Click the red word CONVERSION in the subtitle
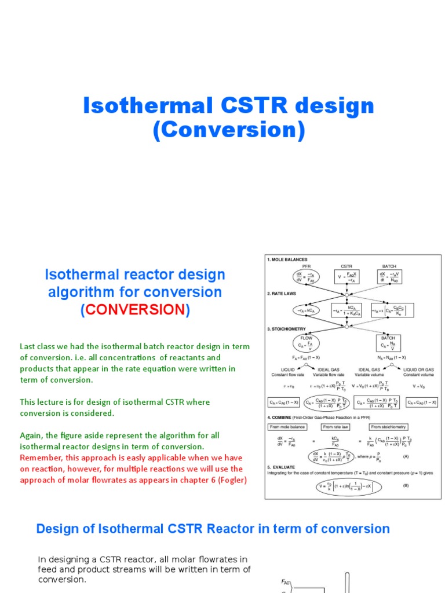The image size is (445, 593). [134, 310]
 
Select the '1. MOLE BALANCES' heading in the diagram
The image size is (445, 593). [287, 259]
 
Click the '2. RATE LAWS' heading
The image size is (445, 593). [283, 294]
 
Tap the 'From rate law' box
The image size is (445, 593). [336, 427]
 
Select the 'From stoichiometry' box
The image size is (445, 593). [391, 427]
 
